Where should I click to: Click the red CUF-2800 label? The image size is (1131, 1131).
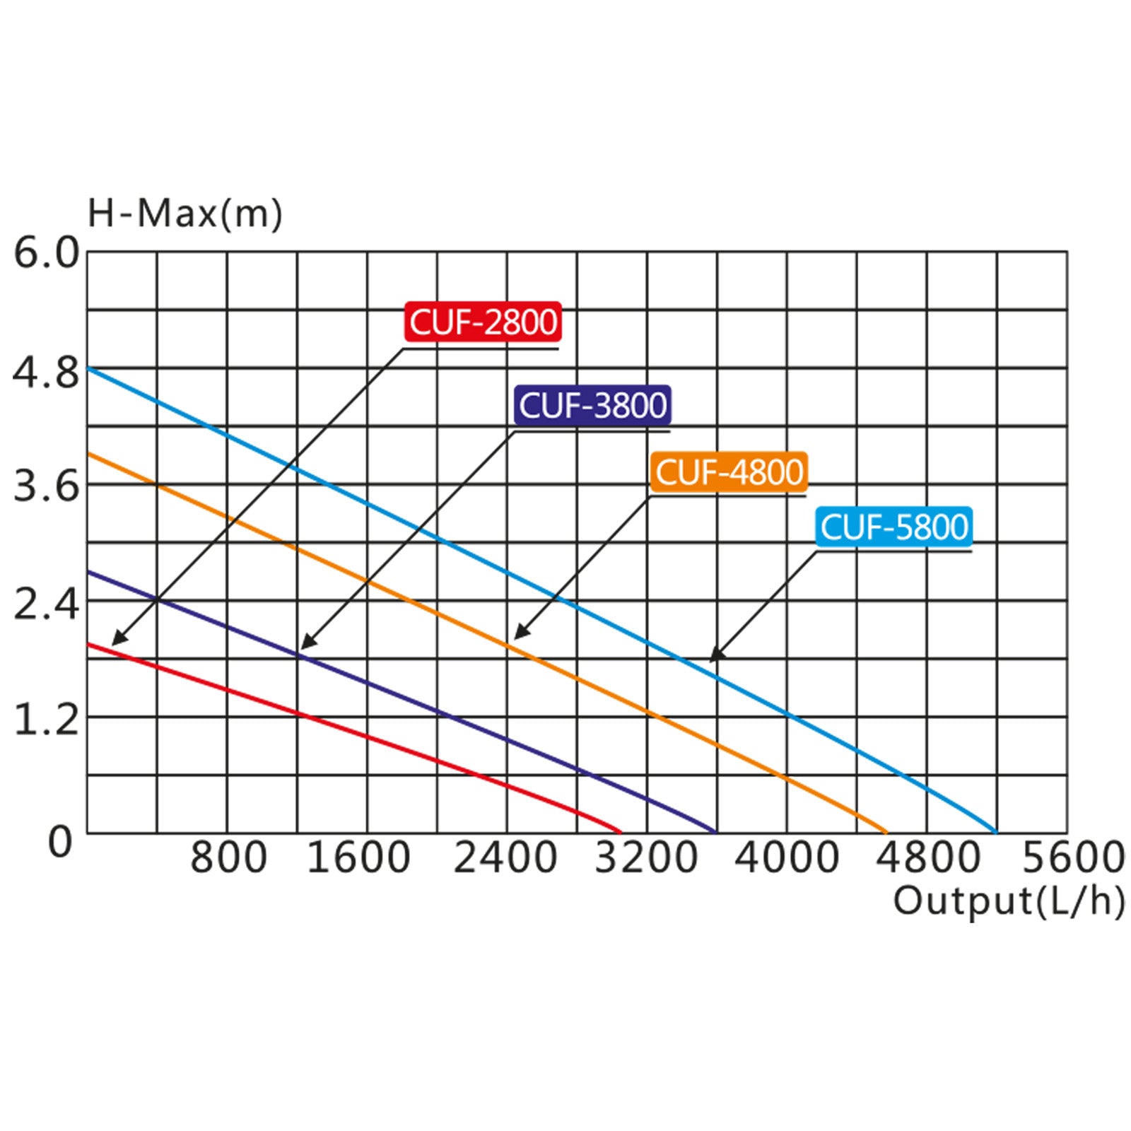(x=484, y=322)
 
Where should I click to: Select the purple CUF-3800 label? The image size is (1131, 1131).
(x=592, y=405)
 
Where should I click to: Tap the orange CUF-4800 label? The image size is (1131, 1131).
(x=729, y=472)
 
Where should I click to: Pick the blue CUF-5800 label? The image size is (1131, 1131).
(x=894, y=527)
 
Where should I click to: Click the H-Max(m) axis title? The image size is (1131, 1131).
(x=184, y=213)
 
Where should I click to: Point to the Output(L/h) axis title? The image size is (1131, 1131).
(x=1009, y=901)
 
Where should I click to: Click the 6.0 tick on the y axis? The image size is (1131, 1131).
(x=47, y=253)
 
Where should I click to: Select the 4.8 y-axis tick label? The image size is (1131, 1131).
(x=47, y=373)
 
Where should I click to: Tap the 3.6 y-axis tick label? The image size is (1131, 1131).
(x=47, y=487)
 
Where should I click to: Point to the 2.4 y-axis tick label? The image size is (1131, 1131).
(x=47, y=605)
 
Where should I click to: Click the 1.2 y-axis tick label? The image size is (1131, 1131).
(x=47, y=720)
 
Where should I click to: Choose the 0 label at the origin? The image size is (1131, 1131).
(x=60, y=842)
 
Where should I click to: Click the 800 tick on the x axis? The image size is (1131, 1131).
(x=228, y=857)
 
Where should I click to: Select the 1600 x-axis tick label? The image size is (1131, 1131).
(x=358, y=857)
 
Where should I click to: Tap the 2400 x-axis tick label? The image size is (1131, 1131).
(x=505, y=857)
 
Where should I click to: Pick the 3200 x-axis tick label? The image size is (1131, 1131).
(x=646, y=857)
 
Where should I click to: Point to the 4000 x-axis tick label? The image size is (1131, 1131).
(x=787, y=857)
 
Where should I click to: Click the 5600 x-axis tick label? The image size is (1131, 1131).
(x=1073, y=857)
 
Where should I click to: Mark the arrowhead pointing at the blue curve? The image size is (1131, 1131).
(x=715, y=657)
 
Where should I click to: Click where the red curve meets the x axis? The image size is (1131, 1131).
(x=620, y=832)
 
